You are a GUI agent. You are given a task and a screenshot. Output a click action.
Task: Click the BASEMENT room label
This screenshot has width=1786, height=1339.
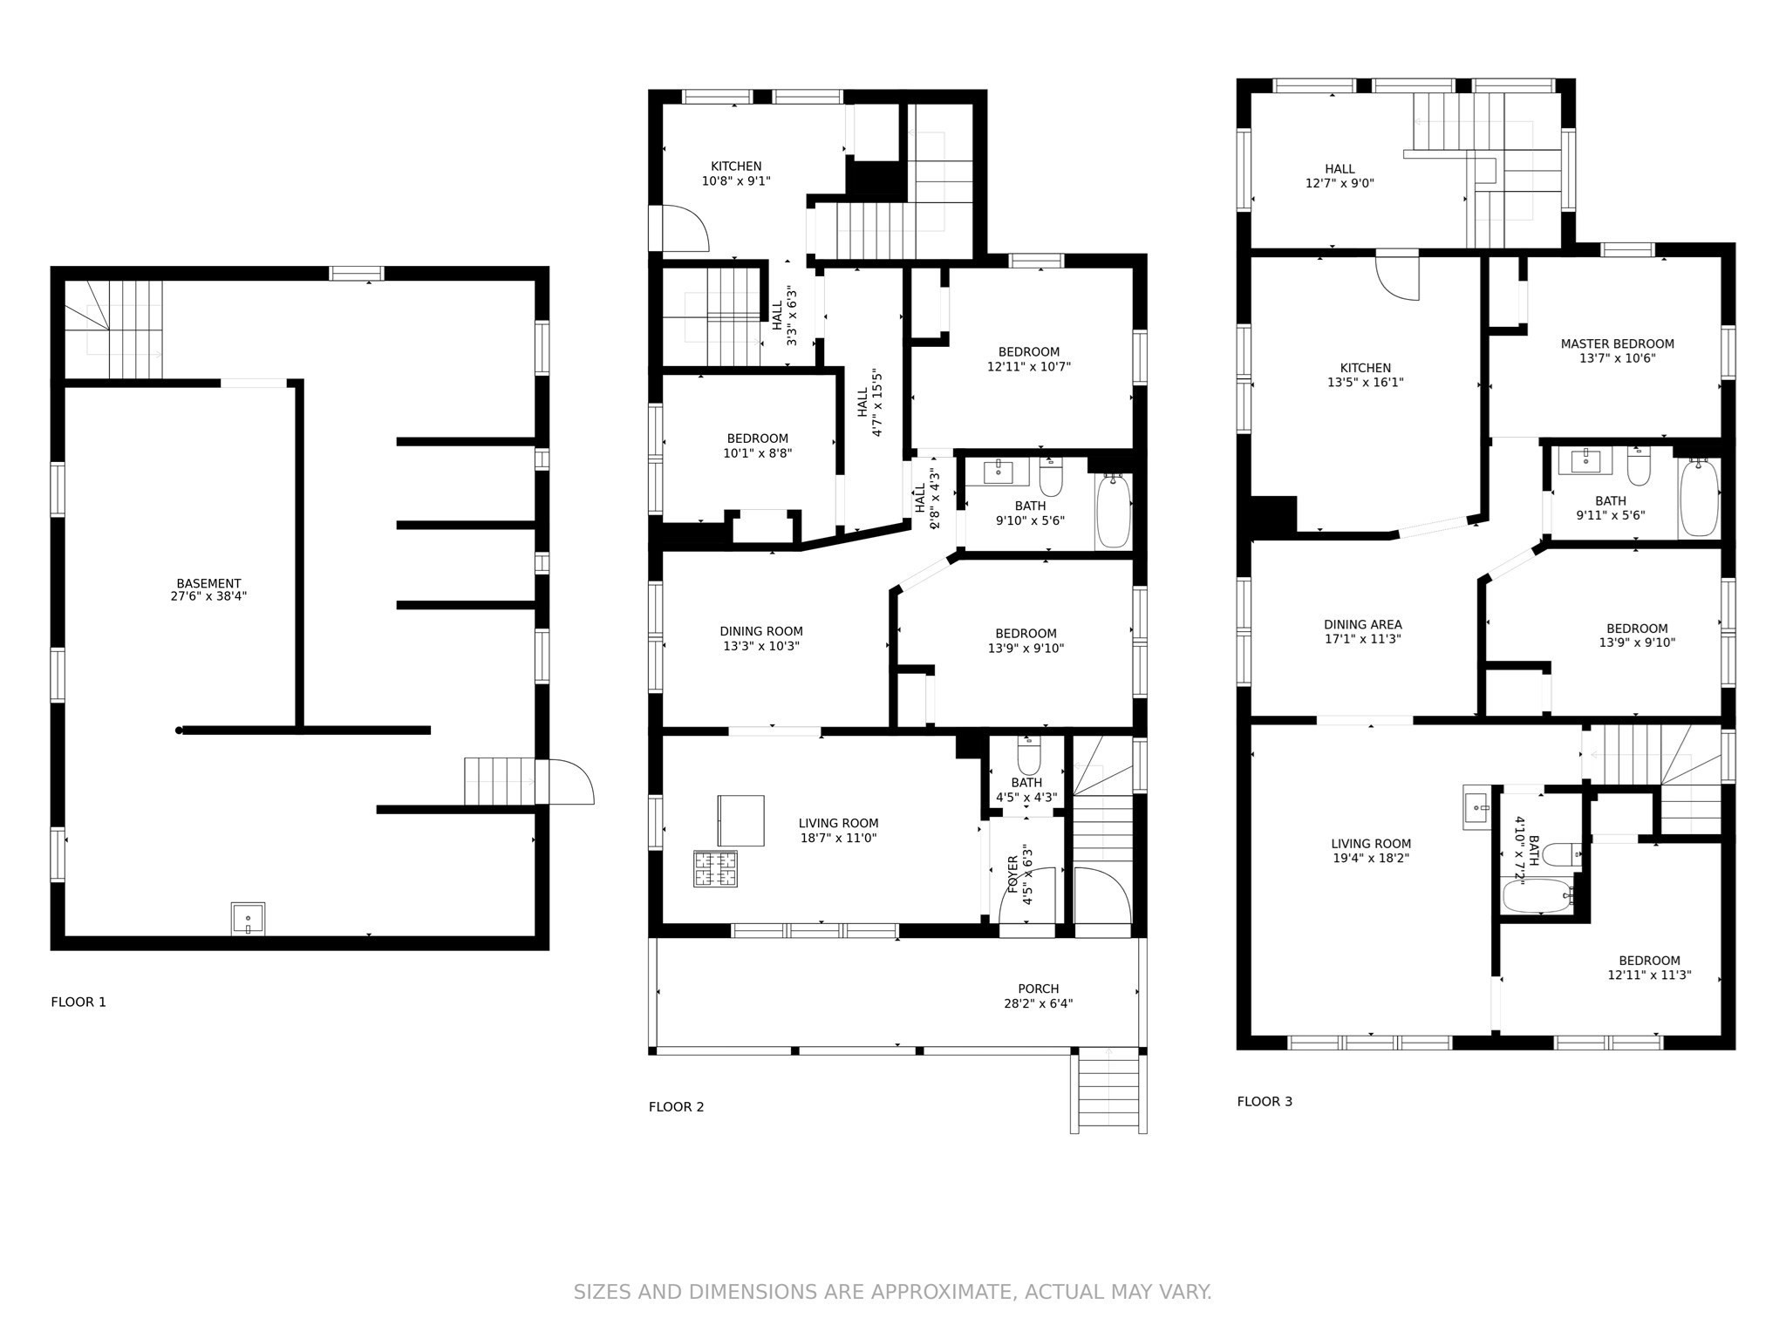click(208, 583)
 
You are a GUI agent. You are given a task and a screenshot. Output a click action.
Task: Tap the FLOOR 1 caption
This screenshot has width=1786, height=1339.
click(78, 1002)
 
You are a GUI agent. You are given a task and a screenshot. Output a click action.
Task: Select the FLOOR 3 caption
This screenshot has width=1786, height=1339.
click(1265, 1101)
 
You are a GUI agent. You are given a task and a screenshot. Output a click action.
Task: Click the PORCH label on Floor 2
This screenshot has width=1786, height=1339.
click(1038, 989)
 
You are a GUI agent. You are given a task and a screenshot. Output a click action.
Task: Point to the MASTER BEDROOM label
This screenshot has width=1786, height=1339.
click(1617, 343)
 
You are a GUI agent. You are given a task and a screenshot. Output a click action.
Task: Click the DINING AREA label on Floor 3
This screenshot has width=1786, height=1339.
click(1362, 624)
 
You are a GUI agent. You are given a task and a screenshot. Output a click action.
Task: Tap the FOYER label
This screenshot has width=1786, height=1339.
click(1013, 874)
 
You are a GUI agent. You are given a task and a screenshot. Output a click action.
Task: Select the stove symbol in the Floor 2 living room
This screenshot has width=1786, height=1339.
click(715, 868)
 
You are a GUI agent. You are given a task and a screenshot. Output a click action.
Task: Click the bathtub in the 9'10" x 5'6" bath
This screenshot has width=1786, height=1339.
click(1113, 511)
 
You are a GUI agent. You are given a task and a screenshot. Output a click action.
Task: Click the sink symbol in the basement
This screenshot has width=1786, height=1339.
click(248, 920)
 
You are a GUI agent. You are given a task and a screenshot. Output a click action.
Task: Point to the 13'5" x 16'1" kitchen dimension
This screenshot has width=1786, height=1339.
click(1366, 382)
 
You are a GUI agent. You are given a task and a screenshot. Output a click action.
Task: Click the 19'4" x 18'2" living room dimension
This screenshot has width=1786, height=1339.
click(1371, 858)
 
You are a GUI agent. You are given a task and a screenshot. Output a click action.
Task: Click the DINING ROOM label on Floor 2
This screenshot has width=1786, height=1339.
click(761, 631)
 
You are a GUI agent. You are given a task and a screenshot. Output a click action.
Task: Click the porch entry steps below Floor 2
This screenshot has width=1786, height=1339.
click(1108, 1091)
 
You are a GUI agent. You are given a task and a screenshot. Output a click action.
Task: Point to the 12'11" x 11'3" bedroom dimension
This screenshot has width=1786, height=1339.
click(1649, 975)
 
